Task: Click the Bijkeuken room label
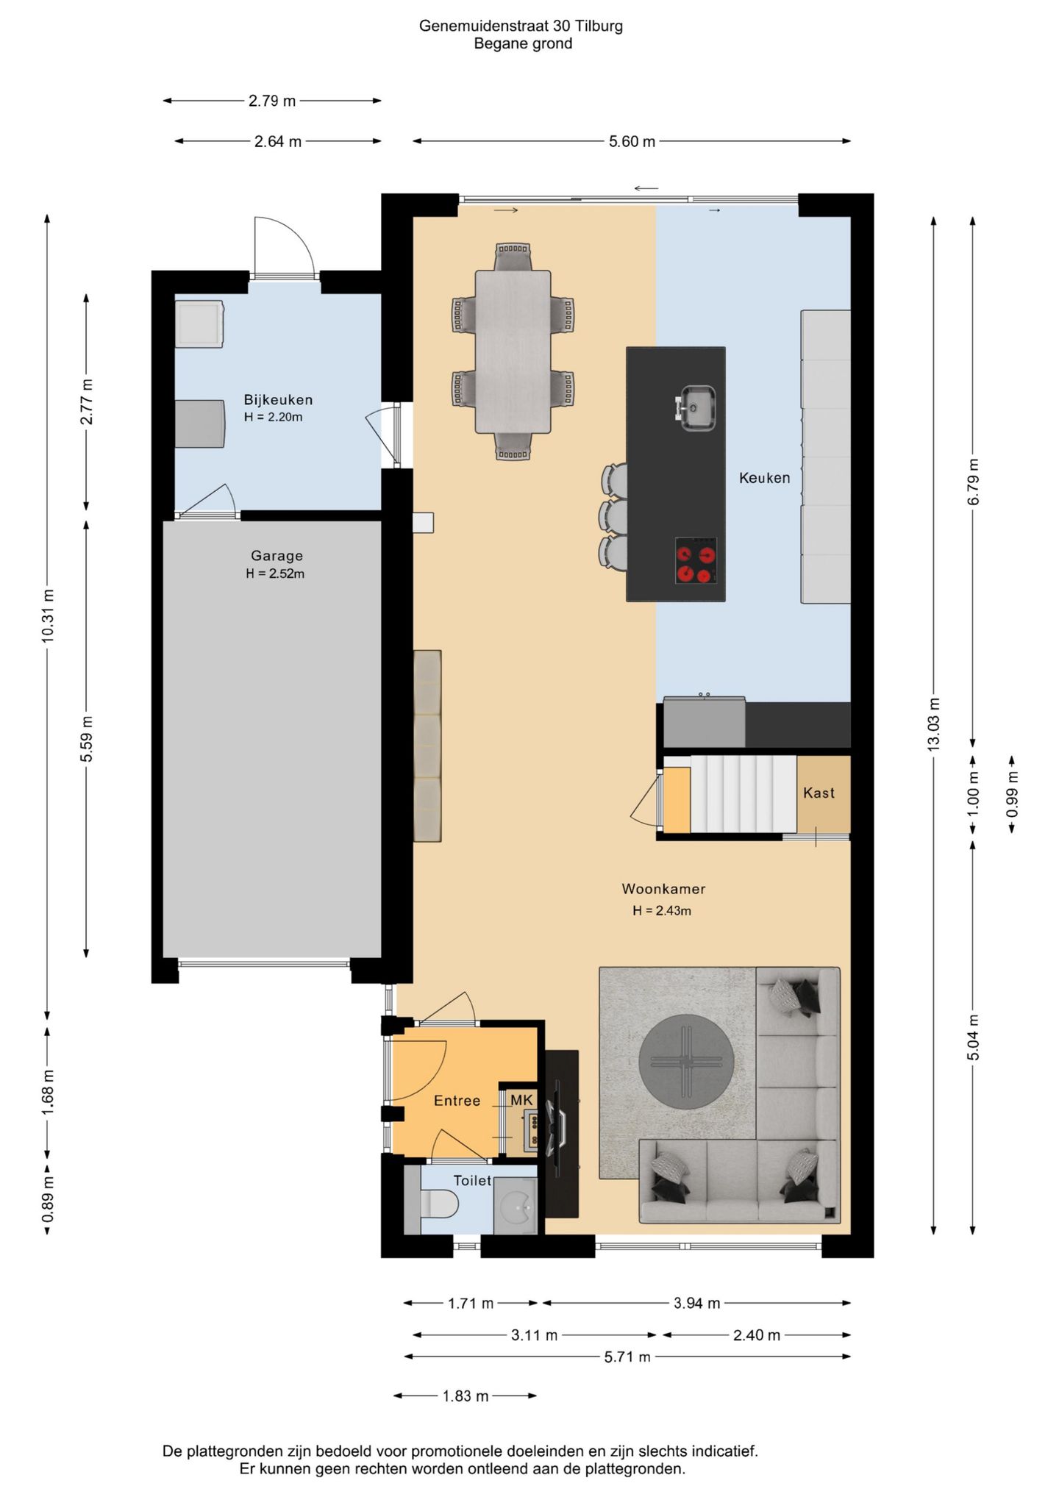coord(278,400)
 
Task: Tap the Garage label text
coord(277,556)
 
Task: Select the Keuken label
coord(765,478)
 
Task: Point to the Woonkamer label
coord(663,889)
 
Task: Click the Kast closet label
coord(819,793)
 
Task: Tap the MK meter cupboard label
coord(521,1100)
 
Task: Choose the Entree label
coord(457,1101)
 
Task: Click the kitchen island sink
coord(695,407)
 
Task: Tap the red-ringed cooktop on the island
coord(696,560)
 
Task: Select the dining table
coord(513,351)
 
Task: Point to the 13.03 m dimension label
coord(933,724)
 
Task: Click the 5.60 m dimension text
coord(632,141)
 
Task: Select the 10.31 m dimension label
coord(47,616)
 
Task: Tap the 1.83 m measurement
coord(466,1396)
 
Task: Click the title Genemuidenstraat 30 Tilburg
coord(521,26)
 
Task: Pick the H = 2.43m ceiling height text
coord(662,910)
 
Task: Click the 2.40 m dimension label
coord(757,1335)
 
